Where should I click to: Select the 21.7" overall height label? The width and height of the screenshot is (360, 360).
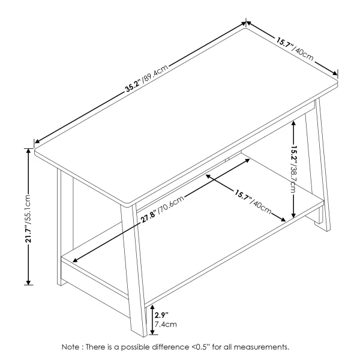click(28, 234)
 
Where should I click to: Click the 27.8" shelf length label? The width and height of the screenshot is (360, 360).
click(149, 216)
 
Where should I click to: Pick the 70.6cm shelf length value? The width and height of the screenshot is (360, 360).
click(171, 203)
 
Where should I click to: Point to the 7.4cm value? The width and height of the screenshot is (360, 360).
click(166, 325)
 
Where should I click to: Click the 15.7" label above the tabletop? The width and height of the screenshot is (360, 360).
click(285, 44)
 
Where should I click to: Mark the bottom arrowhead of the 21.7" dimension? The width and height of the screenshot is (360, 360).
click(28, 283)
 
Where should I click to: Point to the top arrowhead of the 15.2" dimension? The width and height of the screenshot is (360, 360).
click(293, 123)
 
